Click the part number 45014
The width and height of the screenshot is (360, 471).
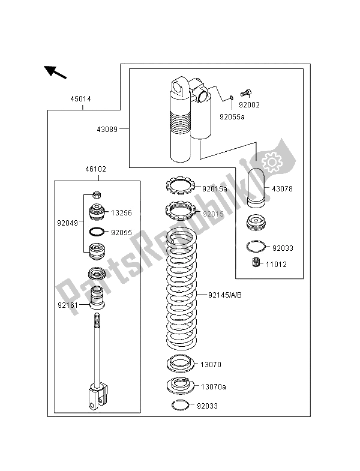pyautogui.click(x=80, y=99)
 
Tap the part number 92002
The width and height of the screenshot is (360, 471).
pyautogui.click(x=248, y=104)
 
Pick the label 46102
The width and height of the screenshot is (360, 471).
pyautogui.click(x=95, y=170)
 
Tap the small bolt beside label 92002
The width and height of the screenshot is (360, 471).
pyautogui.click(x=245, y=93)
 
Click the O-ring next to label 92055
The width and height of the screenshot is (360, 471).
pyautogui.click(x=97, y=232)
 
